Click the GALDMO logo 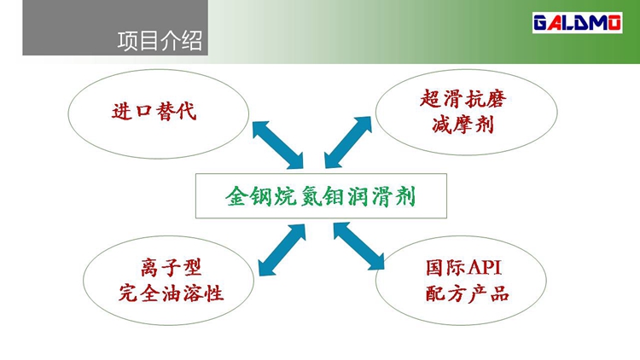[577, 23]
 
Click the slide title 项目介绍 [160, 41]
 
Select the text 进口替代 [154, 111]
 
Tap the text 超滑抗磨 [463, 99]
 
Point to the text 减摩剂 [463, 124]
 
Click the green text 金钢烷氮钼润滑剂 [321, 196]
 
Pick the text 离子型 [171, 267]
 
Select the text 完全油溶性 [171, 293]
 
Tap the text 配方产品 [468, 293]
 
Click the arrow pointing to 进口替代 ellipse [277, 145]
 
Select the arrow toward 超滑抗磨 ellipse [348, 142]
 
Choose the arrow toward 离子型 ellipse [282, 249]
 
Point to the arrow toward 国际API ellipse [358, 247]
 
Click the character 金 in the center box [236, 197]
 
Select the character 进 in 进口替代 [122, 112]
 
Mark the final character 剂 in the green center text [405, 197]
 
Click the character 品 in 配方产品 [499, 293]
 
